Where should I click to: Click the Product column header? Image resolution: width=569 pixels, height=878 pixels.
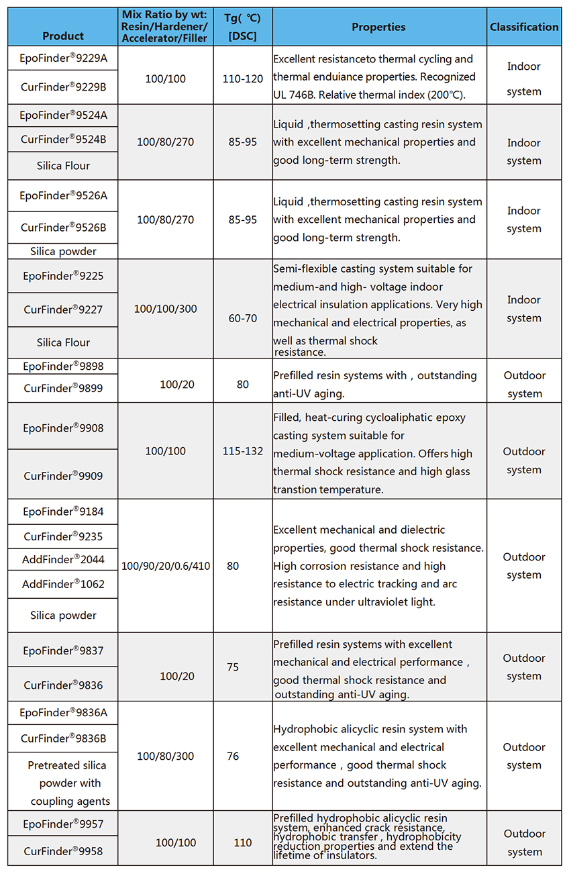63,36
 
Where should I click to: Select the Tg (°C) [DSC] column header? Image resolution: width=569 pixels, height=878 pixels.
242,27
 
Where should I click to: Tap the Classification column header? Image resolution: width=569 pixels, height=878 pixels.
524,27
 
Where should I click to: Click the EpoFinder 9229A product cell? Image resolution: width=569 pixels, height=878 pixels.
63,58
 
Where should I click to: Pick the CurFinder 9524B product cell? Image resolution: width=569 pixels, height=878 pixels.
63,140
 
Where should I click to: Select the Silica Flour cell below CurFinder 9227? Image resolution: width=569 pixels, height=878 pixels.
63,342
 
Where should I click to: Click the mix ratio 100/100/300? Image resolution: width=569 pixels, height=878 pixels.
165,309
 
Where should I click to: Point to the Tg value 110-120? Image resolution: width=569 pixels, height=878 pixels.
242,79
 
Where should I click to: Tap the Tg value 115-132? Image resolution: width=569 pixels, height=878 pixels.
242,451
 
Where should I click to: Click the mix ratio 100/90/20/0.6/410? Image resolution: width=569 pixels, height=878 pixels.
165,566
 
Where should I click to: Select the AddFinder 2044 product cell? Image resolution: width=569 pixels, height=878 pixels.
63,559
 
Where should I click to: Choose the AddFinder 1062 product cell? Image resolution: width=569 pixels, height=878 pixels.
63,584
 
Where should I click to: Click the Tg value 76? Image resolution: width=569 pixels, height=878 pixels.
233,756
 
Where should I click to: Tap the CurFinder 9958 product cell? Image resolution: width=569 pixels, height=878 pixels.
63,851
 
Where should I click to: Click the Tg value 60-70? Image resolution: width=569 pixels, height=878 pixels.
242,318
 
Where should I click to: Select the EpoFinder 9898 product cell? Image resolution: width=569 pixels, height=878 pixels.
63,367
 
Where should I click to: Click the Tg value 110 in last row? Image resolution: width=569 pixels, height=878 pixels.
242,842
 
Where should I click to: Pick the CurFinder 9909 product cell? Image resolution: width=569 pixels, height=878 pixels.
63,476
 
